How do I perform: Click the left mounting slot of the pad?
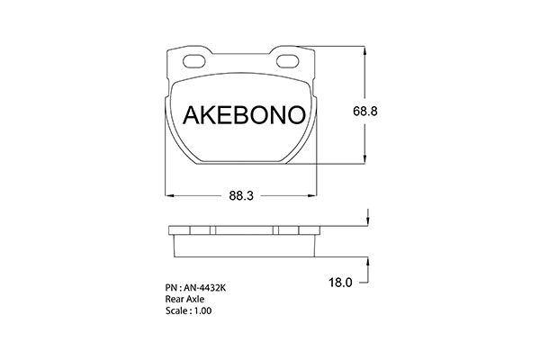coord(194,61)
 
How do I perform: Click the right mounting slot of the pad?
coord(288,61)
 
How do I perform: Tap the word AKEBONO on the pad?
coord(244,114)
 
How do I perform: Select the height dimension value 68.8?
coord(365,111)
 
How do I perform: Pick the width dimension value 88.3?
coord(241,195)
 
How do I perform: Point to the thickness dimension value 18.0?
coord(340,283)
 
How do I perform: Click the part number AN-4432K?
coord(204,288)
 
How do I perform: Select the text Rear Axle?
coord(184,299)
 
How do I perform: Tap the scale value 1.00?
coord(202,310)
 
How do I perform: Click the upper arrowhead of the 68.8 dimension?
coord(364,50)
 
